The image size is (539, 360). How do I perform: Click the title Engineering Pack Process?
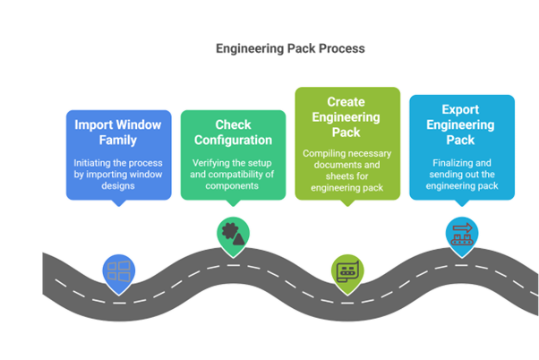pos(289,48)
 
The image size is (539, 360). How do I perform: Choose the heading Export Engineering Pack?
pos(462,125)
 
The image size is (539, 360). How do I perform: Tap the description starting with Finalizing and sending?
pos(462,173)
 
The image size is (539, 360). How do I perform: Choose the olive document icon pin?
pos(346,270)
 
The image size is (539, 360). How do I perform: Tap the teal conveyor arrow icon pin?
pos(461,233)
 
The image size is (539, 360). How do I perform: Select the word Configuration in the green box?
pos(232,141)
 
